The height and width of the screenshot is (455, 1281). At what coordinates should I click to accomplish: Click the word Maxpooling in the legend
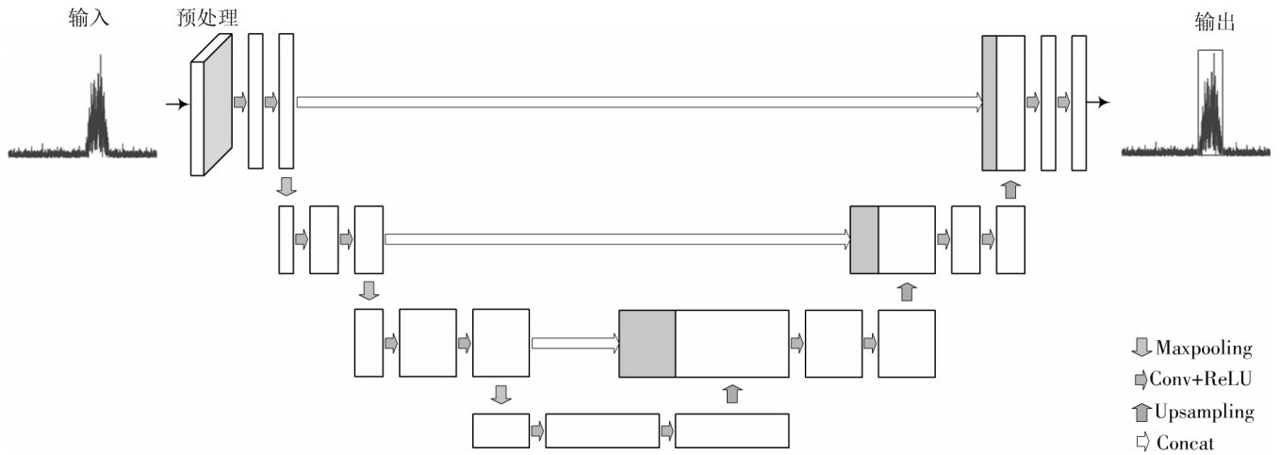[x=1203, y=349]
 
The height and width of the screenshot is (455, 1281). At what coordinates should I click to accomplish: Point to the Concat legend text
[x=1185, y=443]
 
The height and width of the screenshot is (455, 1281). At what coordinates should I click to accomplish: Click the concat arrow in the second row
[x=617, y=239]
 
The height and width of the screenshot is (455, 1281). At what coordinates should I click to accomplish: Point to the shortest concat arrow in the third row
[x=574, y=343]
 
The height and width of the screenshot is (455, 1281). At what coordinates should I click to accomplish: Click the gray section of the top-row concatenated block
[x=989, y=103]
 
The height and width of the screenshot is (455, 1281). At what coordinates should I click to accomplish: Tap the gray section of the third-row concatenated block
[x=647, y=344]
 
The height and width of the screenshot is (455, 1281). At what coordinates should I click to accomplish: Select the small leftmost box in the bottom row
[x=501, y=431]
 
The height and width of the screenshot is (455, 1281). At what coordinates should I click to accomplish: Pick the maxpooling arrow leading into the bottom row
[x=501, y=394]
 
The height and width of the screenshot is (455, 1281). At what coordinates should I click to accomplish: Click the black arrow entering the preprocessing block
[x=176, y=104]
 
